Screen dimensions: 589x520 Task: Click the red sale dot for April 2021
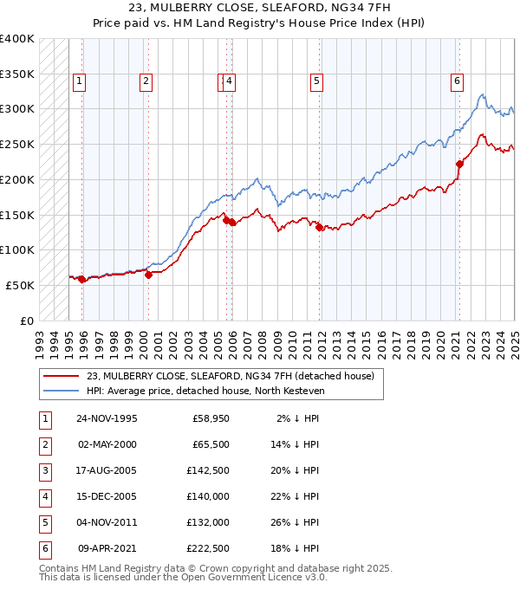(x=459, y=163)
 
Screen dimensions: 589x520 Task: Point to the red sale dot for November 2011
(x=320, y=228)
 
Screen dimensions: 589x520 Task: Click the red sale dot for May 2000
(x=148, y=275)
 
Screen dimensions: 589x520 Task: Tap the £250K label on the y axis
(x=17, y=144)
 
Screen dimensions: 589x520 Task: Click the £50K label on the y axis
(x=21, y=285)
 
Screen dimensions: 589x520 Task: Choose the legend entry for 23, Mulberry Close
(x=230, y=376)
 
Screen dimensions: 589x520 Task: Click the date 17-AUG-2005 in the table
(x=107, y=471)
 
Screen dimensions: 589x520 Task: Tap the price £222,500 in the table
(x=208, y=549)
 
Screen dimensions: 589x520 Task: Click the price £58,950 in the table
(x=211, y=419)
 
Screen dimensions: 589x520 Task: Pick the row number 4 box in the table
(x=44, y=497)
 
